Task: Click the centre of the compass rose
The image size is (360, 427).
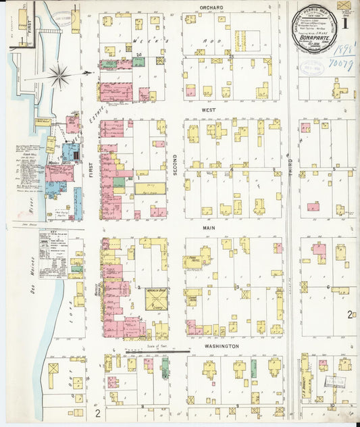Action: coord(59,76)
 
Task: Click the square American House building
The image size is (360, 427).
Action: coord(157,299)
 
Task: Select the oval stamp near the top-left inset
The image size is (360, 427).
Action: coord(64,19)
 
